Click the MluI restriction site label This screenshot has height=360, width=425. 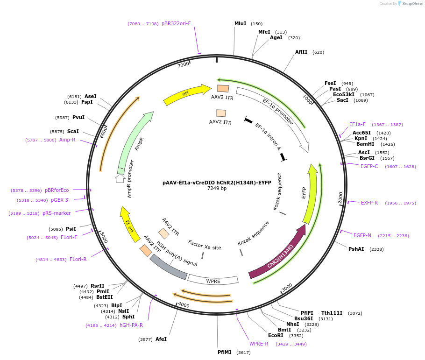point(240,23)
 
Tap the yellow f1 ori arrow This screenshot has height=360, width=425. point(129,225)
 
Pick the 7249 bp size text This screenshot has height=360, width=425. point(217,189)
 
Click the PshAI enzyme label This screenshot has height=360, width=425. point(356,249)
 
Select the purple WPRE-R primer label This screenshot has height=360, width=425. point(259,344)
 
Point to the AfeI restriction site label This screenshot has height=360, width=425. point(161,339)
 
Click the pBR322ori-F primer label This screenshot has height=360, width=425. point(176,23)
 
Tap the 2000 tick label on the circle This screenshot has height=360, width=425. point(341,198)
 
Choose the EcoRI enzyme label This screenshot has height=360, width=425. point(276,335)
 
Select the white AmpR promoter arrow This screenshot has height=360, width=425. point(120,178)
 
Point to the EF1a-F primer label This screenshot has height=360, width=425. point(357,124)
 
